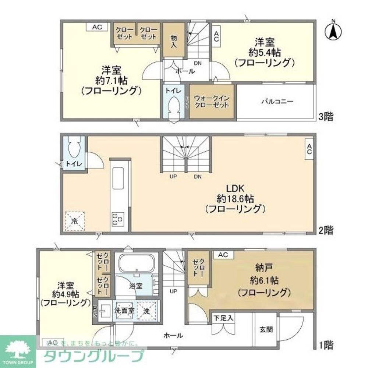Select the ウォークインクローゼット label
(x=211, y=102)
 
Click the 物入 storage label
(x=173, y=41)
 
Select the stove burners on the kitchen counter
(x=118, y=219)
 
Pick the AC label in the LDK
(x=309, y=149)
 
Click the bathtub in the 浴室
(x=136, y=263)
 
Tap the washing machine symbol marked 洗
(x=146, y=311)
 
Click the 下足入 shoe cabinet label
(x=223, y=318)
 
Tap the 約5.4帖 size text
(x=264, y=52)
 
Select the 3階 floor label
(x=326, y=117)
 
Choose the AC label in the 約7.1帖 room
(x=97, y=27)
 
